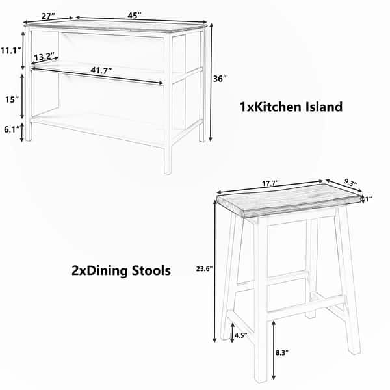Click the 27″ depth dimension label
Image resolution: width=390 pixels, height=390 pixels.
point(48,16)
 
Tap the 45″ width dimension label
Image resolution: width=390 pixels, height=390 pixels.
point(135,16)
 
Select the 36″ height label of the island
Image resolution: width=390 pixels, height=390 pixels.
point(220,79)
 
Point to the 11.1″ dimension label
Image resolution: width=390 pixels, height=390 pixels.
point(10,51)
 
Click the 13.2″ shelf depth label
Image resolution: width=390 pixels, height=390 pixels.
point(44,57)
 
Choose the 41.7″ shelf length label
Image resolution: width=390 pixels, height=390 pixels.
point(101,70)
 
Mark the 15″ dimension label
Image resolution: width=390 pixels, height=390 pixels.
point(12,99)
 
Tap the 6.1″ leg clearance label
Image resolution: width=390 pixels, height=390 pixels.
point(12,129)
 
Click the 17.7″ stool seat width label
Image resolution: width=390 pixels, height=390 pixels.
point(270,183)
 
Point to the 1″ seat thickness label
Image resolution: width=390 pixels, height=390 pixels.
point(369,199)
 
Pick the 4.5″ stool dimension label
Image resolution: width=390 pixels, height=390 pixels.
point(240,335)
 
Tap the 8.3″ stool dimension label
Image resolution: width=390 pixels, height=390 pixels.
point(282,352)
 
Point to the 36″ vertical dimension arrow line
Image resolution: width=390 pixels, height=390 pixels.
point(211,83)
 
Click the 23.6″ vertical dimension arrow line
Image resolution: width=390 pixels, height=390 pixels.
point(215,270)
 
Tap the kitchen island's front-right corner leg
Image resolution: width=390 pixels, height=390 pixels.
point(168,105)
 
